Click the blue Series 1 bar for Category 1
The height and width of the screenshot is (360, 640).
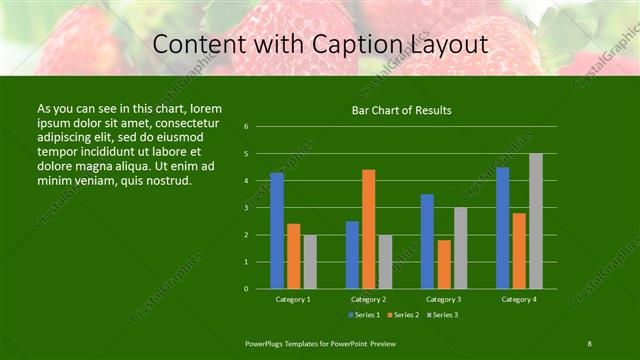click(277, 231)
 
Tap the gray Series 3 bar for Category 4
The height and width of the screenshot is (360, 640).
click(536, 221)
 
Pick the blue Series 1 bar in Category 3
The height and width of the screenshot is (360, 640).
click(428, 241)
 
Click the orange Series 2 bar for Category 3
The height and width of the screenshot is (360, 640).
click(444, 264)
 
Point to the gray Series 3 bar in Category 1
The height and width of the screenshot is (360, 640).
click(310, 262)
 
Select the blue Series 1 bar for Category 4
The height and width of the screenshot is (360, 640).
click(503, 228)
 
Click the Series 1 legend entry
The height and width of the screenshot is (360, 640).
click(364, 315)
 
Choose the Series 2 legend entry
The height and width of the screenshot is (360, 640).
click(402, 315)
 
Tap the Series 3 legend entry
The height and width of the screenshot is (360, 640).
click(441, 315)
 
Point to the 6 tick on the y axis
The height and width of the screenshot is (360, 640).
click(246, 127)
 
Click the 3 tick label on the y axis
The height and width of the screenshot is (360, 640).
click(246, 208)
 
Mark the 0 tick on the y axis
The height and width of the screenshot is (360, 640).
click(246, 289)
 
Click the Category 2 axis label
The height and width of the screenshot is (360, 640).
click(368, 299)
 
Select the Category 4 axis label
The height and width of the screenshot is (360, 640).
click(519, 299)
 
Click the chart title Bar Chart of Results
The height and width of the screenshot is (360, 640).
click(401, 110)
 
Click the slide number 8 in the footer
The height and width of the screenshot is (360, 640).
click(590, 343)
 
